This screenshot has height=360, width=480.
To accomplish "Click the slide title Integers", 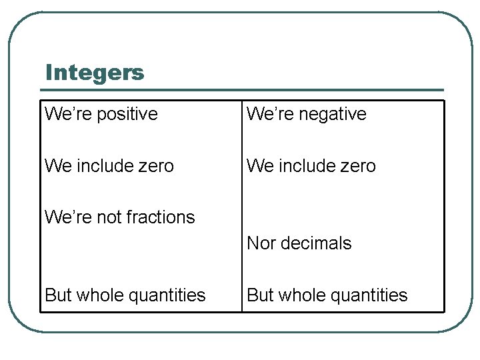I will (x=95, y=73).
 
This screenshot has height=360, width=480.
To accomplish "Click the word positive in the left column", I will (x=127, y=114).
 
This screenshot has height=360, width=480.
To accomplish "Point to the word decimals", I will (x=316, y=243).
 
